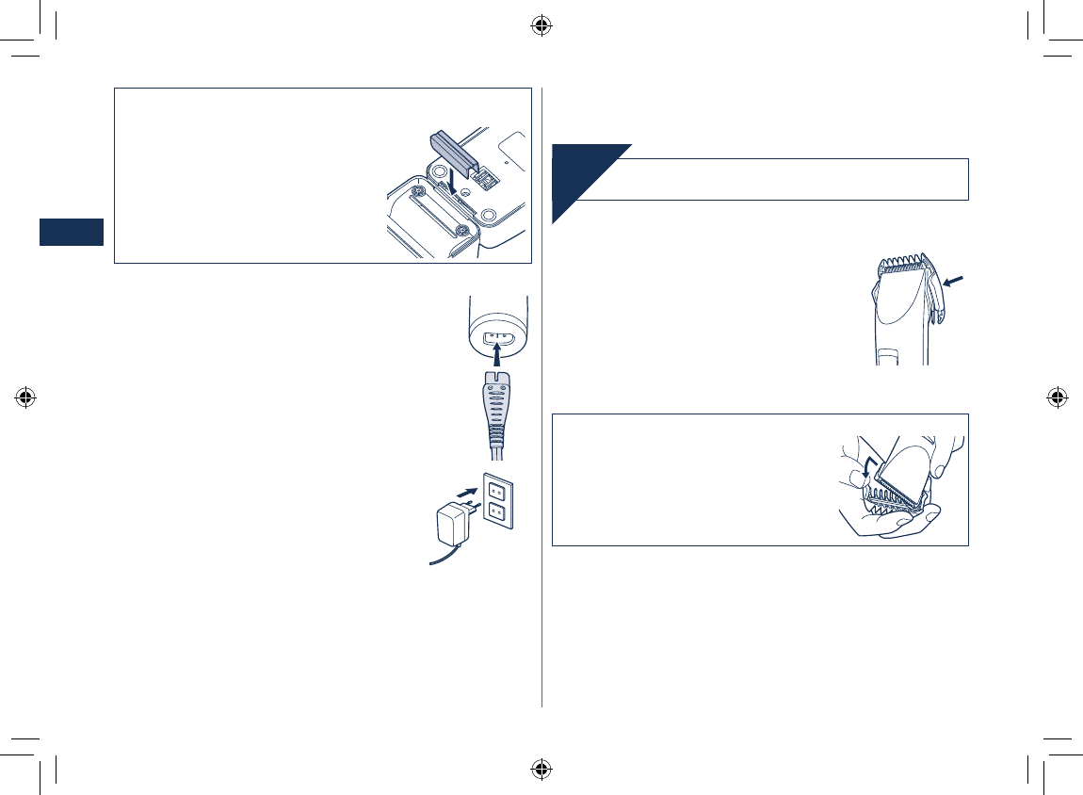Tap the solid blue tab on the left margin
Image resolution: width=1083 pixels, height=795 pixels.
(71, 232)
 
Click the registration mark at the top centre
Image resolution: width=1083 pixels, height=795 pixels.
(541, 25)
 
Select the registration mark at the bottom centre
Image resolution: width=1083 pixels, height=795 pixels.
(541, 769)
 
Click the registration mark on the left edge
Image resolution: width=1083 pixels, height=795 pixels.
(25, 397)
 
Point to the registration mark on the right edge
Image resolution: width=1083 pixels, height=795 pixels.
(1057, 397)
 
